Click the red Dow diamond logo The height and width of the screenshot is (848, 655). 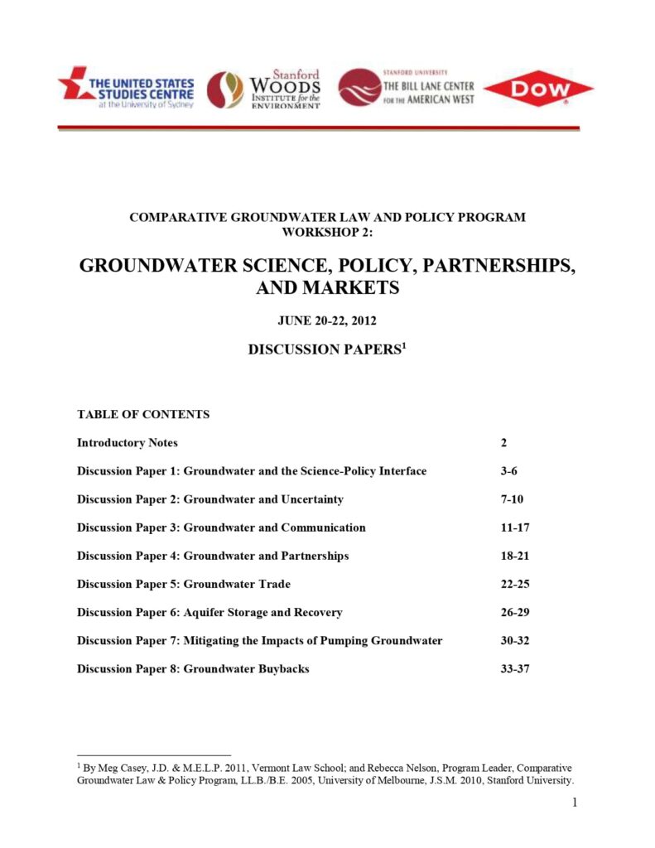(x=538, y=89)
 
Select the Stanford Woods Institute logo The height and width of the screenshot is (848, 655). (x=263, y=89)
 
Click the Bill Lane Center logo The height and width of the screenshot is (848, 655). (x=406, y=87)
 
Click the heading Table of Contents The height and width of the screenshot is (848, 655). (x=143, y=414)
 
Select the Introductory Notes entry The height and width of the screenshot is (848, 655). (x=128, y=443)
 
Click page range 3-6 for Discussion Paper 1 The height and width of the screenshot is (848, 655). (x=509, y=471)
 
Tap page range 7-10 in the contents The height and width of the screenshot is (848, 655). (x=512, y=499)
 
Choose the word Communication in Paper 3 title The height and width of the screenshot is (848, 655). (x=323, y=528)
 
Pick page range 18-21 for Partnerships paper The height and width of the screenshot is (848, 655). (x=514, y=556)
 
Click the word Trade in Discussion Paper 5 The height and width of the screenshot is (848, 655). (x=270, y=584)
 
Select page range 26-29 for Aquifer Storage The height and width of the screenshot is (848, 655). (x=514, y=612)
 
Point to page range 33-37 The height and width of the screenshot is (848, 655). (x=514, y=668)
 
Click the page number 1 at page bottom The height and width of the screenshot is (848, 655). (x=574, y=803)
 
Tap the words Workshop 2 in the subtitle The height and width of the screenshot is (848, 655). (x=327, y=232)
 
